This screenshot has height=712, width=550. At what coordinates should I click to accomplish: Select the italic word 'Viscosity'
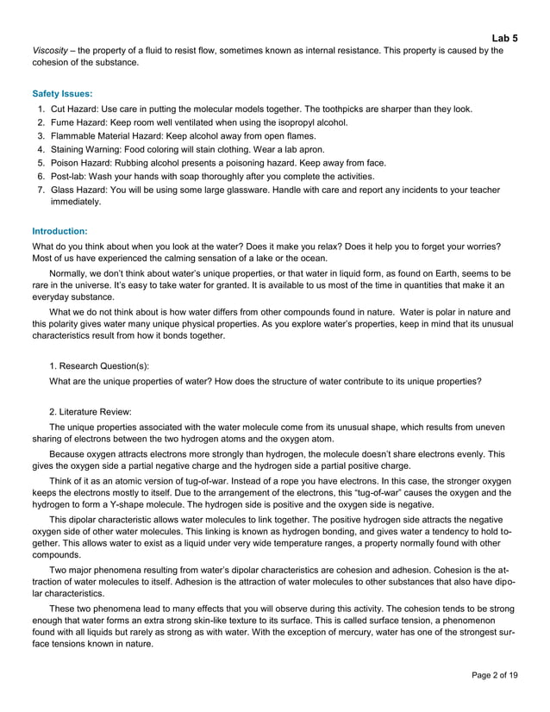pyautogui.click(x=50, y=51)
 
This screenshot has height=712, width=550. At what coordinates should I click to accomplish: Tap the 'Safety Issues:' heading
pyautogui.click(x=63, y=93)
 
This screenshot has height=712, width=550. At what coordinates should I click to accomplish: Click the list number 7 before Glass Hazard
pyautogui.click(x=41, y=190)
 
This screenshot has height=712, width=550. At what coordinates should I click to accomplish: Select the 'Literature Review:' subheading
pyautogui.click(x=97, y=410)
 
